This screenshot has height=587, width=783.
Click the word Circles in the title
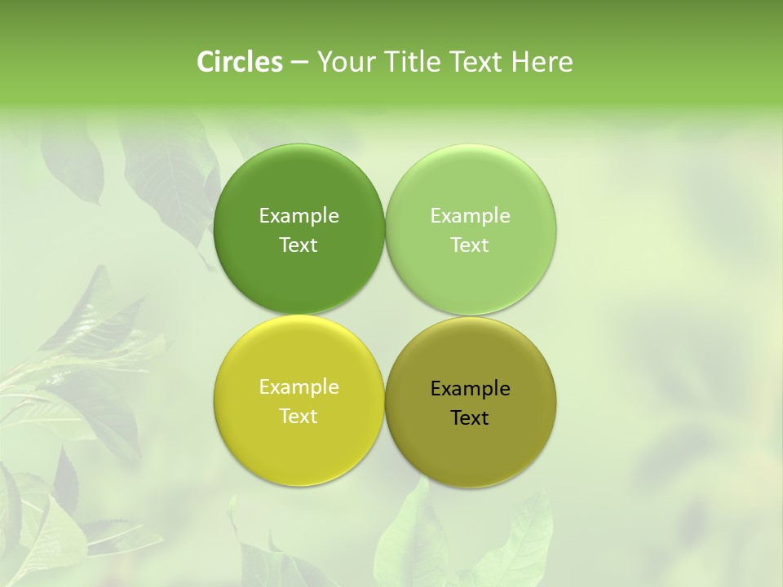pos(240,62)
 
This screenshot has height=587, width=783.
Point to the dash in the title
pos(299,63)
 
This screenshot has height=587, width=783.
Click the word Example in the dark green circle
pos(299,216)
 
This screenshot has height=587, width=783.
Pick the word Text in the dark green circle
pos(299,245)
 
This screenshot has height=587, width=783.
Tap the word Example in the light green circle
pos(470,216)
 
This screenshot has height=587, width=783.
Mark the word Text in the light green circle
pos(470,245)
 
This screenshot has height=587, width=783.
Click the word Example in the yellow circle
pos(299,387)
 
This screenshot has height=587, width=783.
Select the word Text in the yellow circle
pos(299,417)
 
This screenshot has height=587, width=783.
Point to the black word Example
pos(470,389)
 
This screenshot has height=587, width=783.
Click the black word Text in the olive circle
pos(470,418)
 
